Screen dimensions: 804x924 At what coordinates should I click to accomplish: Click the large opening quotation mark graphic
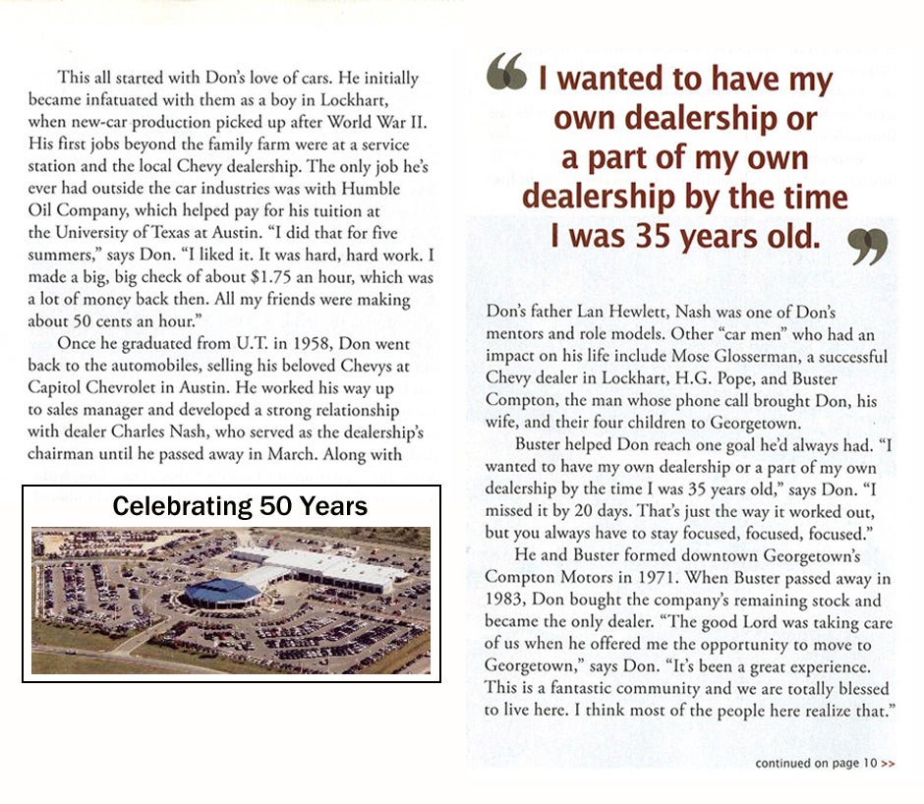(507, 72)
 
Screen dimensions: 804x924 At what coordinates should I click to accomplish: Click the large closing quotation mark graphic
(868, 246)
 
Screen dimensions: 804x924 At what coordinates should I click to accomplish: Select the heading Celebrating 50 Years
(240, 506)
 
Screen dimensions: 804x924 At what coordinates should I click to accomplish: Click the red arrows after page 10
(888, 763)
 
